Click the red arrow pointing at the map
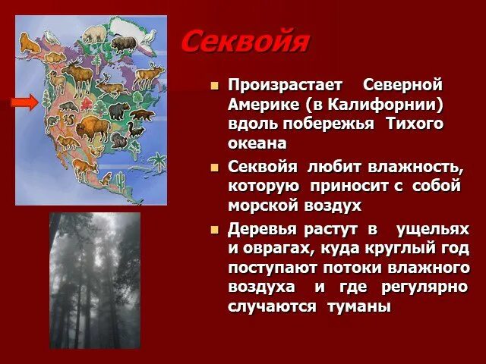pos(24,102)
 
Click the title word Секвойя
pos(245,42)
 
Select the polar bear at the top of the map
pos(95,34)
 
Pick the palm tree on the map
pos(158,162)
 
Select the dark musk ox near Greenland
pos(123,43)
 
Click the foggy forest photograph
pos(95,280)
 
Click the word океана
pos(257,143)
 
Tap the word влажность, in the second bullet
pos(415,166)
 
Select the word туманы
pos(358,307)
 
